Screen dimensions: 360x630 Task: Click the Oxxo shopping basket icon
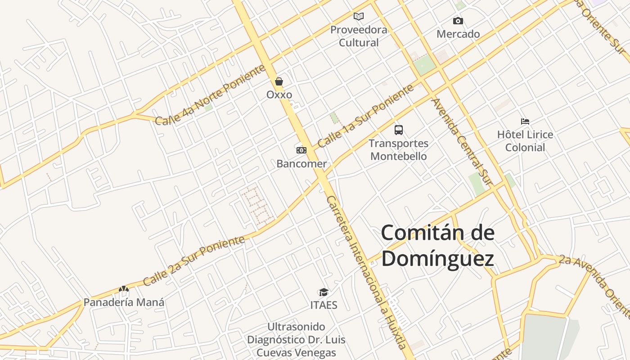coord(279,81)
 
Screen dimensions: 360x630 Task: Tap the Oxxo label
coord(279,95)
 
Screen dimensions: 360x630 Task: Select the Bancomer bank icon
coord(301,150)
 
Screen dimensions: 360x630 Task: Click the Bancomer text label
coord(301,164)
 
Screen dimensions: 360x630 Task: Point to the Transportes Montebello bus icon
coord(399,130)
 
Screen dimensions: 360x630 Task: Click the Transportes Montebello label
coord(399,150)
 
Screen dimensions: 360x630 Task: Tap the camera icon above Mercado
coord(458,21)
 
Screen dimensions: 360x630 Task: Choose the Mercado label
coord(458,34)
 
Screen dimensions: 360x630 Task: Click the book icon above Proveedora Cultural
coord(359,17)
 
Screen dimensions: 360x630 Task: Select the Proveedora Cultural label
coord(359,36)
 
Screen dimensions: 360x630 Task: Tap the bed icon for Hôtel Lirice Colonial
coord(525,121)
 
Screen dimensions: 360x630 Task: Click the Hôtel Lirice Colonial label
coord(525,141)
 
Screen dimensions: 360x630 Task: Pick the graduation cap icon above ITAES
coord(324,292)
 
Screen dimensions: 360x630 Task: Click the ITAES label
coord(324,305)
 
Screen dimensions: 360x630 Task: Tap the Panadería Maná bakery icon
coord(124,289)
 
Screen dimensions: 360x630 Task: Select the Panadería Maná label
coord(124,302)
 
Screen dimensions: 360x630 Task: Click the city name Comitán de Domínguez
coord(438,246)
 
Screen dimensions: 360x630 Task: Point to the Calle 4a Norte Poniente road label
coord(210,95)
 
